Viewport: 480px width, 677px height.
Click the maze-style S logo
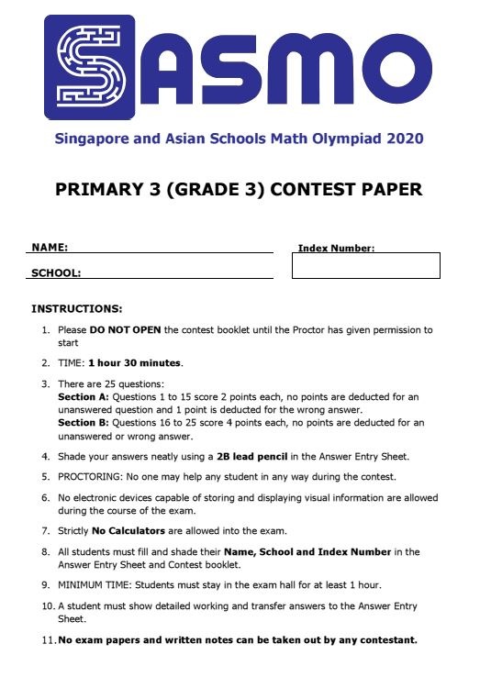click(x=90, y=67)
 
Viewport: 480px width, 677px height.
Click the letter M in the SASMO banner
click(x=307, y=71)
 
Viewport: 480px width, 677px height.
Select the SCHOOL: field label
click(x=56, y=272)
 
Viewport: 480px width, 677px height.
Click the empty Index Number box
click(x=365, y=266)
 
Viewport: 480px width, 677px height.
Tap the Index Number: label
click(x=336, y=249)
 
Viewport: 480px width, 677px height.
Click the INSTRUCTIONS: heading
click(x=76, y=309)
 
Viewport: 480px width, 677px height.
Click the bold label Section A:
click(x=83, y=396)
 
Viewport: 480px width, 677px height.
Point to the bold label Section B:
click(x=83, y=423)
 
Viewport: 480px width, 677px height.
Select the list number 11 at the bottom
click(x=47, y=639)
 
